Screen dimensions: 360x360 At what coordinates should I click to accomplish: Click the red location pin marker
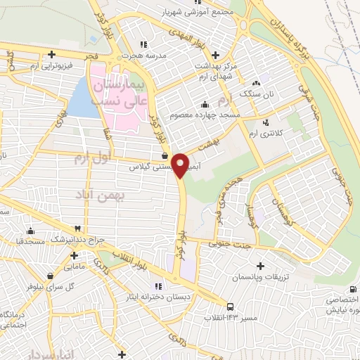[x=181, y=165]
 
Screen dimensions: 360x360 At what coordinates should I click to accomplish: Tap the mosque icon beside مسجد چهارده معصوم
[x=205, y=105]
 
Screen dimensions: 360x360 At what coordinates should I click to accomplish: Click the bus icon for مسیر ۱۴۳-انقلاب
[x=231, y=306]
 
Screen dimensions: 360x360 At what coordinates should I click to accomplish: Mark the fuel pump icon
[x=165, y=156]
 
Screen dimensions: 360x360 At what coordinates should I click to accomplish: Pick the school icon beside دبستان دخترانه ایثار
[x=158, y=285]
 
